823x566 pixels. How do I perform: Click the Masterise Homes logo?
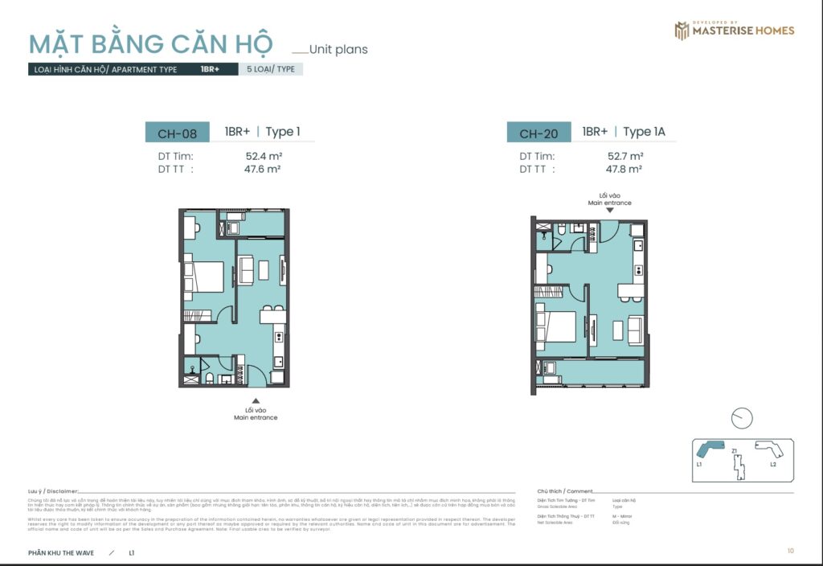(x=734, y=31)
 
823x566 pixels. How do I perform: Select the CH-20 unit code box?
(x=538, y=133)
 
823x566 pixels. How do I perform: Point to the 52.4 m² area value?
(x=264, y=156)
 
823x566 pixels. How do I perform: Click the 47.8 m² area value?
(x=624, y=169)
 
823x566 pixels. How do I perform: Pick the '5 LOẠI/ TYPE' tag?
(x=271, y=69)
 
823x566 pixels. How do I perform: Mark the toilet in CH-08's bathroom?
(x=207, y=376)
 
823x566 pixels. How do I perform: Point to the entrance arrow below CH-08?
(x=256, y=400)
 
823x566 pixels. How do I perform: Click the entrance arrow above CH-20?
(x=609, y=210)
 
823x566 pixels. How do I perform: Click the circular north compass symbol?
(x=742, y=418)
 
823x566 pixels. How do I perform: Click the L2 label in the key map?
(x=772, y=465)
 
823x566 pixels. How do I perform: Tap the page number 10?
(x=791, y=551)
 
